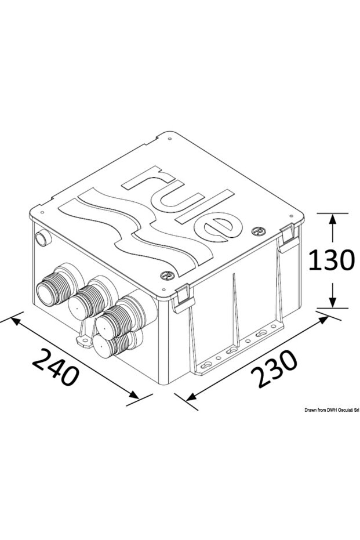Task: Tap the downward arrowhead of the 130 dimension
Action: point(333,302)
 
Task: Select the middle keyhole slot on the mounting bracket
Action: point(231,351)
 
